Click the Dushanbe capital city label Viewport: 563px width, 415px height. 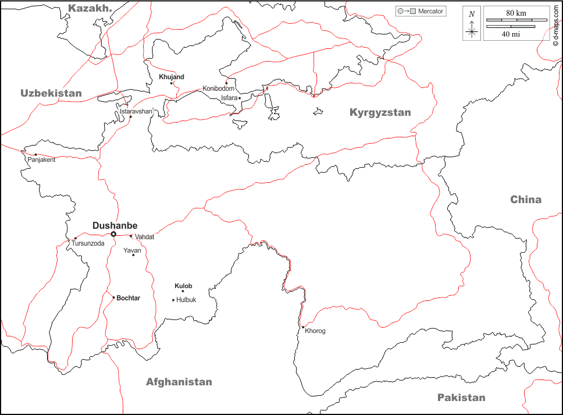coord(115,225)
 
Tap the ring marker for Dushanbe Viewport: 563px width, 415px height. coord(113,234)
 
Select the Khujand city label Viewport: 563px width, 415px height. coord(172,77)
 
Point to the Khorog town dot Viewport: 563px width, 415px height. coord(303,327)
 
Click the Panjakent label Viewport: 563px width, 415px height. coord(41,160)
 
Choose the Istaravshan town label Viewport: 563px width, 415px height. coord(136,111)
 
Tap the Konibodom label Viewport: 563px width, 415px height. coord(218,88)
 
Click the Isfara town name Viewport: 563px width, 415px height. coord(229,98)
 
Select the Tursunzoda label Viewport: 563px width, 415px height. coord(88,243)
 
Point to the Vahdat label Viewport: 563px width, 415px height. coord(145,237)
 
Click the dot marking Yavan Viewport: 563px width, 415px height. coord(133,255)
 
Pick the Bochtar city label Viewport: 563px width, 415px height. coord(128,298)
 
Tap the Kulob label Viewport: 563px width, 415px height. coord(183,286)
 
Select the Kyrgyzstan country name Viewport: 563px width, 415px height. coord(380,113)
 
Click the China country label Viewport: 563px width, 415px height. coord(526,200)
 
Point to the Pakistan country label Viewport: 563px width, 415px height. coord(461,398)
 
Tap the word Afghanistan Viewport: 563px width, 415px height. coord(179,382)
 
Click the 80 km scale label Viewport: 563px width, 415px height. coord(516,13)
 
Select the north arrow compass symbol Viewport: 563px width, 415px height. coord(472,25)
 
